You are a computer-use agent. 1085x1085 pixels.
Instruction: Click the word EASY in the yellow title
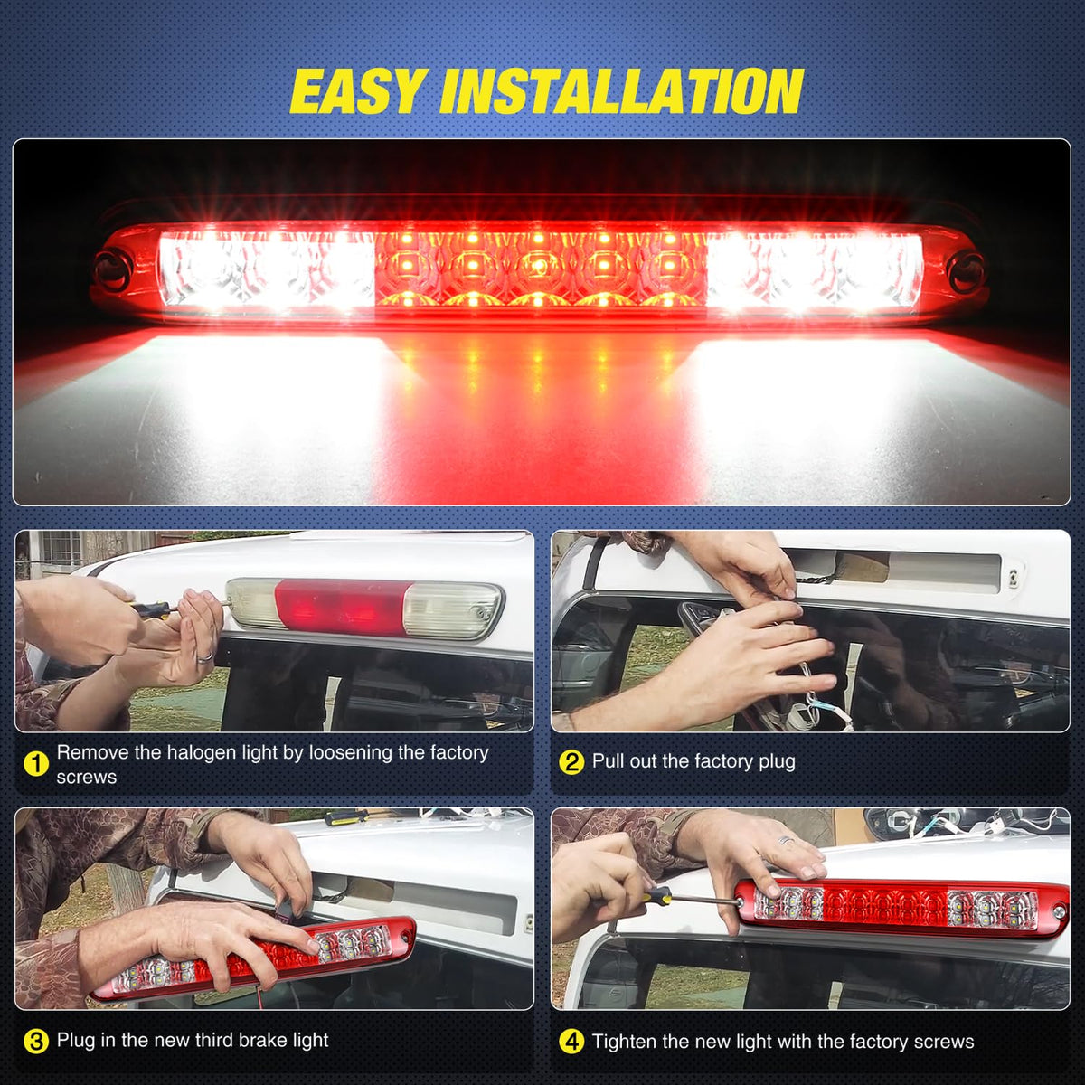pyautogui.click(x=356, y=90)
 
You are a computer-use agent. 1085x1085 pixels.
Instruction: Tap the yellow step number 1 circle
pyautogui.click(x=36, y=764)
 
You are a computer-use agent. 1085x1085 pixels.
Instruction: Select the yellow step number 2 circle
pyautogui.click(x=571, y=762)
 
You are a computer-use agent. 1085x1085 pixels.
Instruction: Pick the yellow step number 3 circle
pyautogui.click(x=36, y=1041)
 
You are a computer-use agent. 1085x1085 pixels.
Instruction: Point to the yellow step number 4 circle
pyautogui.click(x=571, y=1042)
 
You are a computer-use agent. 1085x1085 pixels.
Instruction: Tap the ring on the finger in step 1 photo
pyautogui.click(x=205, y=655)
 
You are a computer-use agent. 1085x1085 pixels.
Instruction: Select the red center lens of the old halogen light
pyautogui.click(x=340, y=607)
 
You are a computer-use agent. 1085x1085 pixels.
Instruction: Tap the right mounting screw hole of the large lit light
pyautogui.click(x=966, y=268)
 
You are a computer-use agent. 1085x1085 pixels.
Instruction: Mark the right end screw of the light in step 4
pyautogui.click(x=1059, y=910)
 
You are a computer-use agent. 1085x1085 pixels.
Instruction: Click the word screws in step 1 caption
pyautogui.click(x=86, y=778)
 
